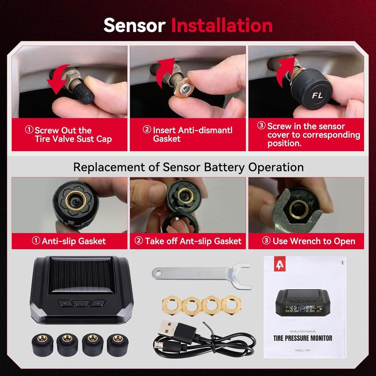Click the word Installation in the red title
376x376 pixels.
pos(222,25)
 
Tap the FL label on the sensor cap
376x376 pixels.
pos(317,95)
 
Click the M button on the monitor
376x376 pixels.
pos(82,303)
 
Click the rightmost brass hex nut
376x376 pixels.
pos(231,304)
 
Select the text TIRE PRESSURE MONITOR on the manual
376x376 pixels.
pos(303,338)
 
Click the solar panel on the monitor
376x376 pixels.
pos(80,276)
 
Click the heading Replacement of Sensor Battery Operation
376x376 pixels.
pos(188,167)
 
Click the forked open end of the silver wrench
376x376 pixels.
pos(242,276)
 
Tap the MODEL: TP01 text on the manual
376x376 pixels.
pos(303,350)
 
